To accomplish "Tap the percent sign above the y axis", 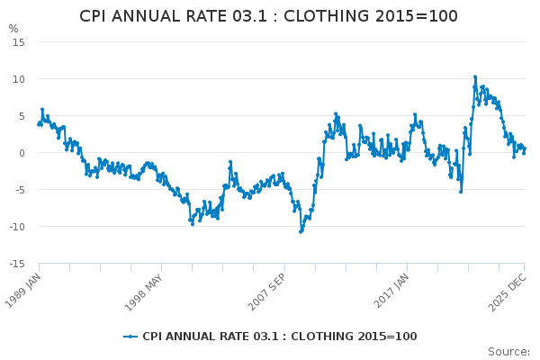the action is (13, 29).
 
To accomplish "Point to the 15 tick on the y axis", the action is (19, 42).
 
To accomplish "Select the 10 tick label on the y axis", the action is (19, 79).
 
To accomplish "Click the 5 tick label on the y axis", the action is (22, 116).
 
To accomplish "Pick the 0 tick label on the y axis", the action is (22, 153).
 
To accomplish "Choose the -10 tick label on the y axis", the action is (17, 227).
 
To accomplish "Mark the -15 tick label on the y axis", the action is (17, 264).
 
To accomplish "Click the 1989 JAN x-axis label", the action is (22, 291).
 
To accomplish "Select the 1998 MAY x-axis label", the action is (143, 292).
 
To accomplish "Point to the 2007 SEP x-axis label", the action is (266, 292).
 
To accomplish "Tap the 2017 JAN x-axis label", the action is (391, 291).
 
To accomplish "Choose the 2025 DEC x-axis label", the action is (508, 292).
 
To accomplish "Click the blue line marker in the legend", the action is (130, 337).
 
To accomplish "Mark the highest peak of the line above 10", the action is (475, 76).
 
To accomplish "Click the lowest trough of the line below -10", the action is (301, 232).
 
